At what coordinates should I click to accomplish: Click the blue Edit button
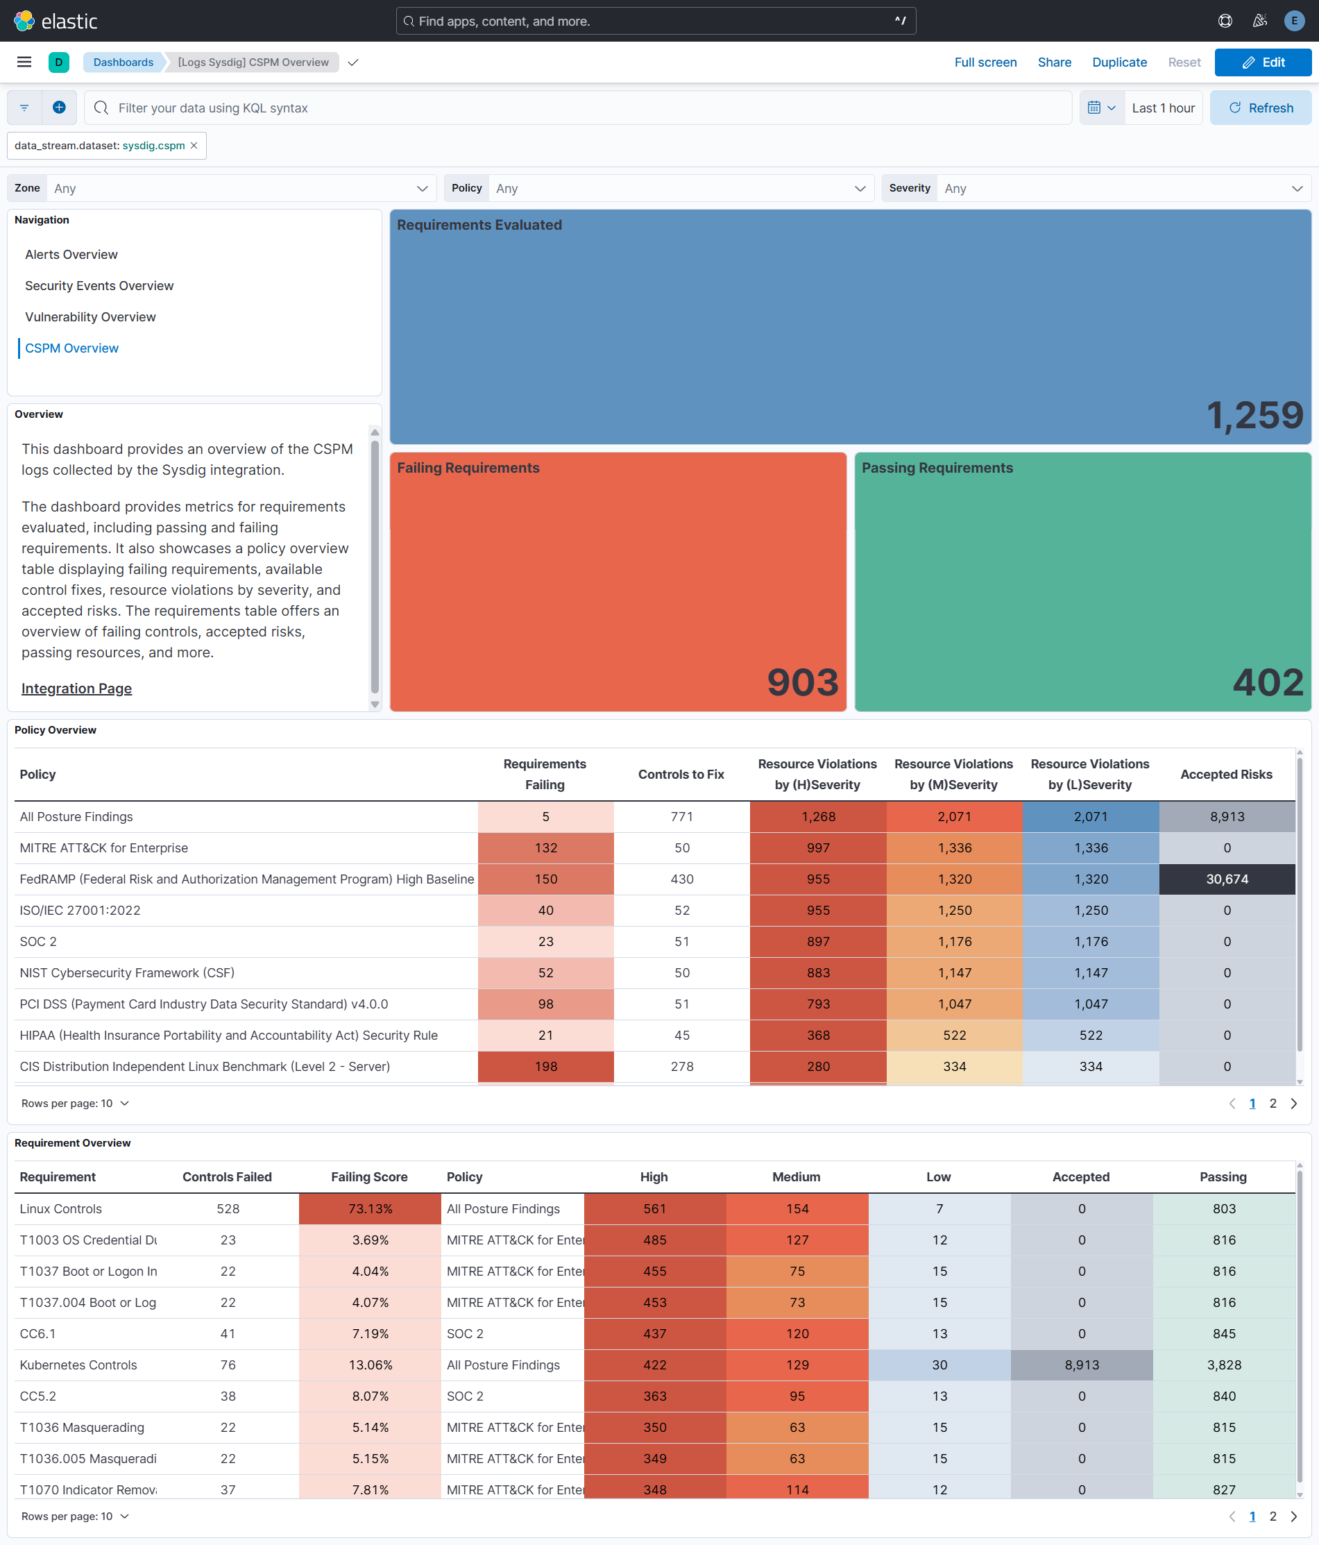click(1262, 62)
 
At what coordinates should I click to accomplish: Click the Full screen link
click(985, 62)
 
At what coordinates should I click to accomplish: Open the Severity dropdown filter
click(1122, 189)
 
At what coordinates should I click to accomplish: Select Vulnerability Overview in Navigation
click(90, 317)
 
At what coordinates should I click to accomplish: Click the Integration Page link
click(77, 689)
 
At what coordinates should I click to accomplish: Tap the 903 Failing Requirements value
click(802, 682)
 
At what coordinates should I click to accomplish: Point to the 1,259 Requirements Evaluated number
click(1254, 415)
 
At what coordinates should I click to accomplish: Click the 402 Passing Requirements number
click(1268, 682)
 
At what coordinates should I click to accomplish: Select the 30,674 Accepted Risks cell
click(1227, 879)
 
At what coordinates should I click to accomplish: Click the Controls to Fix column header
click(681, 774)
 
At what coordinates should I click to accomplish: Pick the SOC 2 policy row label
click(38, 942)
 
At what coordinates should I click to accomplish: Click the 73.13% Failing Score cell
click(370, 1208)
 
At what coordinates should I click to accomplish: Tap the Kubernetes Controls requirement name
click(78, 1365)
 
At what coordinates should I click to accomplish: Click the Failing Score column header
click(369, 1176)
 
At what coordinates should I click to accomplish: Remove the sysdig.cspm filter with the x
click(194, 145)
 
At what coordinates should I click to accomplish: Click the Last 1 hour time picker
click(1162, 108)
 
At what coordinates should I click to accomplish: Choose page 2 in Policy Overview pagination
click(1273, 1104)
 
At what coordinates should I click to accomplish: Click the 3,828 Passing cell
click(1223, 1365)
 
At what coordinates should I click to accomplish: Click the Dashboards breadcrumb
click(123, 62)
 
